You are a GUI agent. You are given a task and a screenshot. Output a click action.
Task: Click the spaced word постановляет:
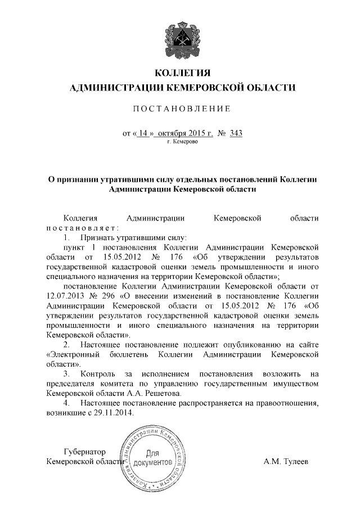pos(83,228)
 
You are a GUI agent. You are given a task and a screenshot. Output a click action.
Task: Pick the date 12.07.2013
pos(66,295)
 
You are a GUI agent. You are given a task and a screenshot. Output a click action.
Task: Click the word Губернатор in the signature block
pos(84,451)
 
